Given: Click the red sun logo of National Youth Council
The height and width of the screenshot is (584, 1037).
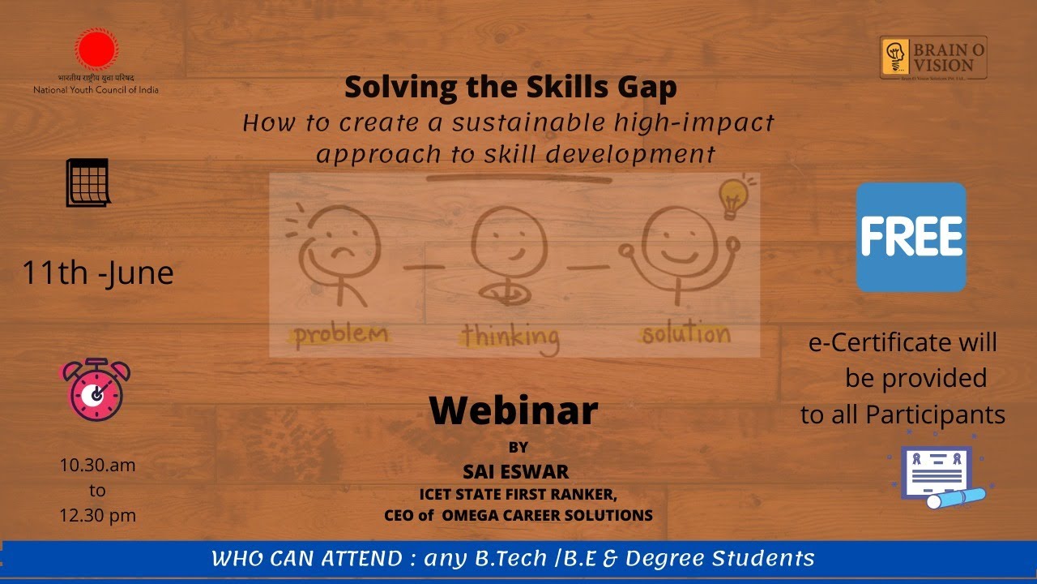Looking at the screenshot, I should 96,49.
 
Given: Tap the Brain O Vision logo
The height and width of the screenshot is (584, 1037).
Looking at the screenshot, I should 933,58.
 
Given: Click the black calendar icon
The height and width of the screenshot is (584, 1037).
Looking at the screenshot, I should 87,182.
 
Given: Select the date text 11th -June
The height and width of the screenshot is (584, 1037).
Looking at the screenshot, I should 97,273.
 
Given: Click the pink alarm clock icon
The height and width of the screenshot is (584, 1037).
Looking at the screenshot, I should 96,390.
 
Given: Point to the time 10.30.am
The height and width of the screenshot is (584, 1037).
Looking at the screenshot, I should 97,466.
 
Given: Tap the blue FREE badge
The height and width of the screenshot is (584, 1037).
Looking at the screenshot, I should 911,237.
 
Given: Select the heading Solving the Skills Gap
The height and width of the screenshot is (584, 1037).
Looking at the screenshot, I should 510,87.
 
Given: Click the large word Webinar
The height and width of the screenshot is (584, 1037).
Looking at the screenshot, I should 513,410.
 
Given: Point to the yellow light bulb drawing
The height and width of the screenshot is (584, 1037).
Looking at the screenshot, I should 733,197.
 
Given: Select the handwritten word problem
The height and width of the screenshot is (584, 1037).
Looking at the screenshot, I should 340,333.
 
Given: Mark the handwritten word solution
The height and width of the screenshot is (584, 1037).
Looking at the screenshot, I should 685,333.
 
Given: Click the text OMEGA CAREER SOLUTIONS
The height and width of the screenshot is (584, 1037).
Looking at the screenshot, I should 547,515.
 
